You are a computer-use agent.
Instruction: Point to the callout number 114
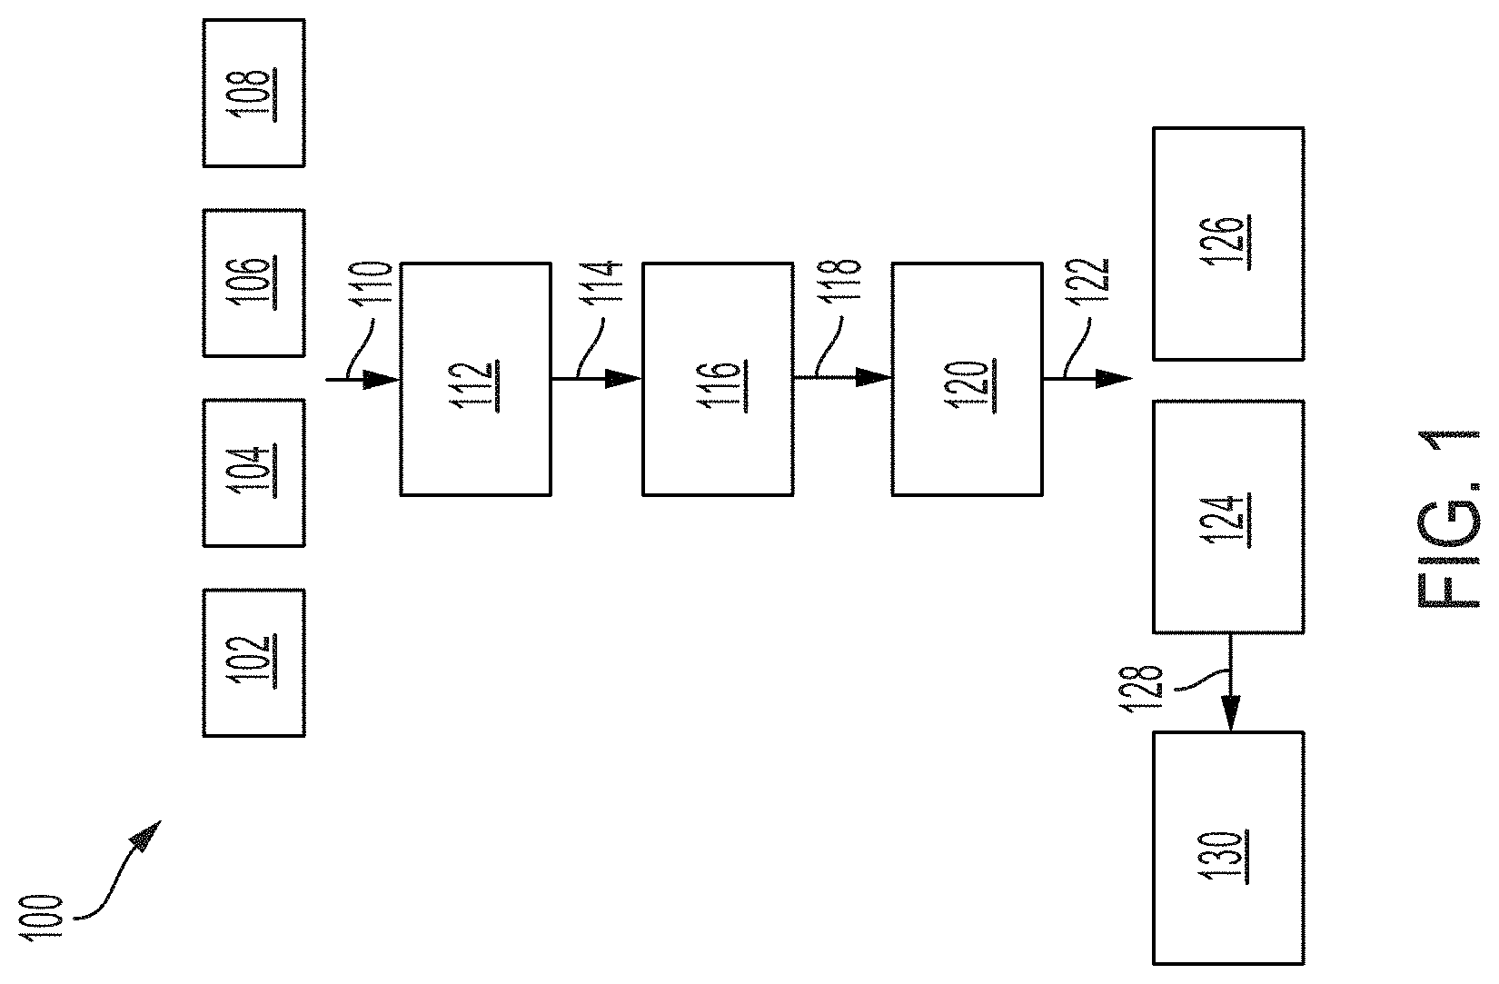click(602, 283)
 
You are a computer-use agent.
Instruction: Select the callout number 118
click(840, 281)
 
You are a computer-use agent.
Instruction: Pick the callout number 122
click(1088, 281)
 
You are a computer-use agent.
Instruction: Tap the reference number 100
click(42, 918)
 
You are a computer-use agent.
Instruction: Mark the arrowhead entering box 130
click(1231, 713)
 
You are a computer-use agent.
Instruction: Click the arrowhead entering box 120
click(873, 378)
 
